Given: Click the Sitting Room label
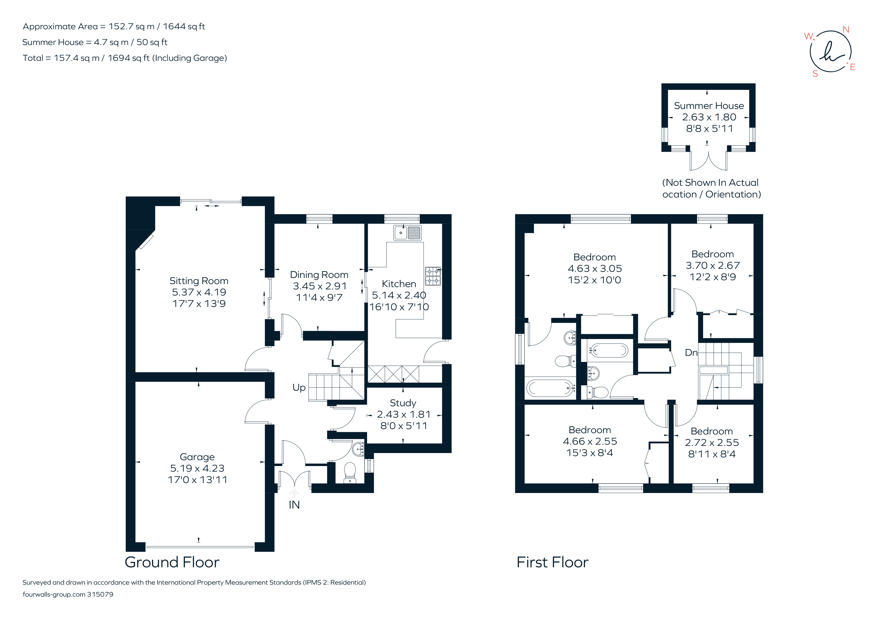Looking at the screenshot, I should tap(199, 281).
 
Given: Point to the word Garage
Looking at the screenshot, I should tap(197, 457).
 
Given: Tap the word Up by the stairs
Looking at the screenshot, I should tap(299, 387).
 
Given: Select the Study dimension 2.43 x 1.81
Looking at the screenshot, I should tap(403, 415).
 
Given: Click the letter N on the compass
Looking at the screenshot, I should tap(846, 30).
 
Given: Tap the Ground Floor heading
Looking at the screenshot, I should tap(172, 562).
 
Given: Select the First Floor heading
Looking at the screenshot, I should tap(552, 562).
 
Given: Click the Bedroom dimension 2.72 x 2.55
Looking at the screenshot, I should tap(712, 443).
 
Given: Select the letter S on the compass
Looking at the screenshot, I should tap(815, 74).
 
